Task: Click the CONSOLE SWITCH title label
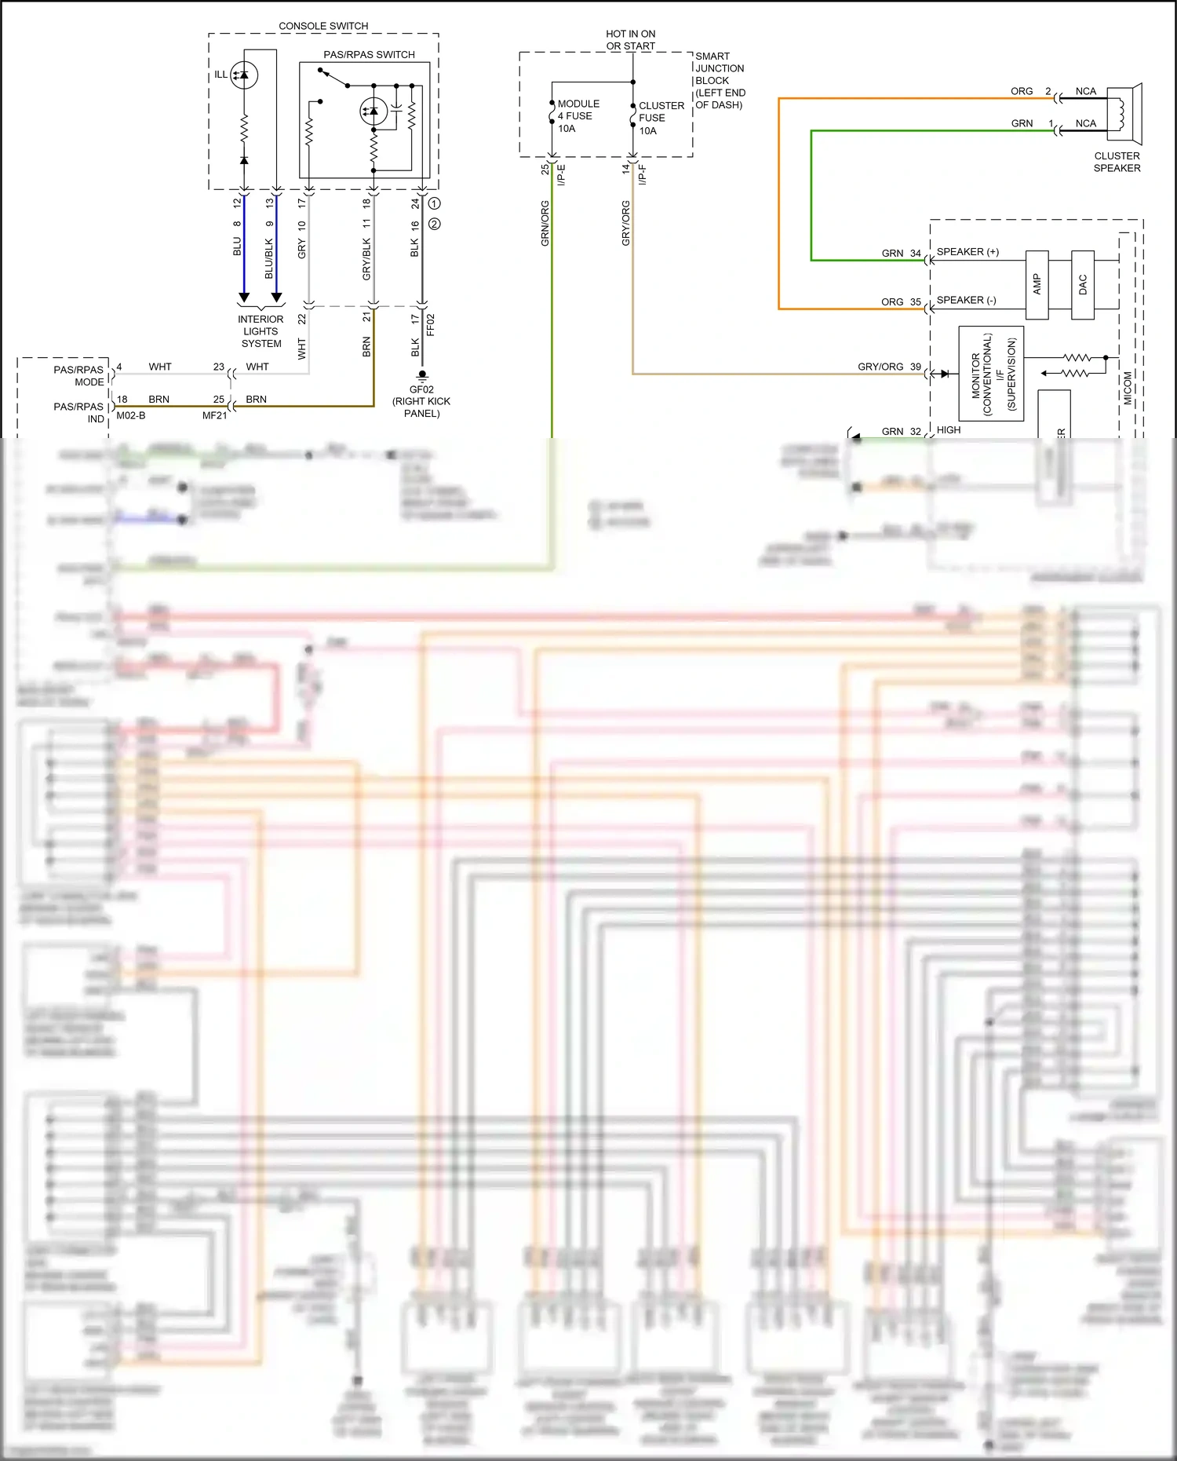(x=323, y=26)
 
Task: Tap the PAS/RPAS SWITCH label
(x=369, y=54)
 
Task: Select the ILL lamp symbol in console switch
(x=244, y=75)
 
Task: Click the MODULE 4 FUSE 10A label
(x=578, y=116)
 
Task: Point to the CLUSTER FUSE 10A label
(x=661, y=118)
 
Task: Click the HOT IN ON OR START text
(x=630, y=40)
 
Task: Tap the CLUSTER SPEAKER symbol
(x=1124, y=115)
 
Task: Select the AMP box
(x=1037, y=284)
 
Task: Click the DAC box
(x=1083, y=284)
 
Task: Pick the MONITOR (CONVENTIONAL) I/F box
(x=991, y=374)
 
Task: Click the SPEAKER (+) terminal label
(x=967, y=252)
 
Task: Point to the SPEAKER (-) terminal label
(x=966, y=300)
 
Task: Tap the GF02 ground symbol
(x=422, y=375)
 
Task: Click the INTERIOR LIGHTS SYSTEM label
(x=261, y=331)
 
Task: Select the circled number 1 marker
(x=435, y=203)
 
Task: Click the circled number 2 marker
(x=435, y=224)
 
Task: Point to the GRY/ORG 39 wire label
(x=889, y=367)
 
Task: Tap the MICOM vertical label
(x=1128, y=388)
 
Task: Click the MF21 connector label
(x=214, y=415)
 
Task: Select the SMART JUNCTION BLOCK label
(x=720, y=80)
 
